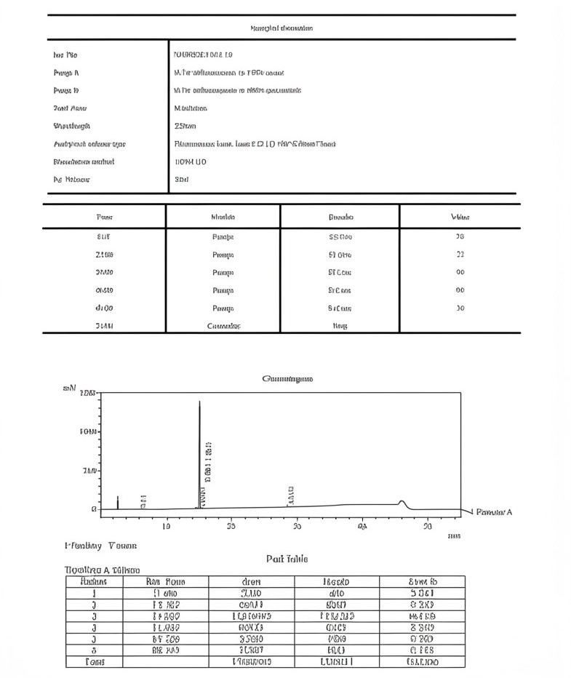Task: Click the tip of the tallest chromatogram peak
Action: [x=200, y=401]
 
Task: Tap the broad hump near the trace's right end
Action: [x=401, y=502]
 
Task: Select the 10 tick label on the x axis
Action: [x=167, y=526]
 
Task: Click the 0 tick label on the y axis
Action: [x=94, y=509]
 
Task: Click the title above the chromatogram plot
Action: [x=287, y=378]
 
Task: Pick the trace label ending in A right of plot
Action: [x=494, y=512]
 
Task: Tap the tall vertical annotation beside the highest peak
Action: [x=209, y=461]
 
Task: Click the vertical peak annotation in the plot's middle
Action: [x=291, y=495]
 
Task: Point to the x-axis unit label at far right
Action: [x=454, y=535]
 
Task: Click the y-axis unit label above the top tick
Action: [x=70, y=388]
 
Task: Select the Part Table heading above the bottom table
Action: [x=287, y=559]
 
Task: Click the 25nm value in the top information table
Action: [x=181, y=126]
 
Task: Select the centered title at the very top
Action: [x=281, y=28]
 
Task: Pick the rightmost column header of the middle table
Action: [x=460, y=217]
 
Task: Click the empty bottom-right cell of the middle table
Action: [x=460, y=326]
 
